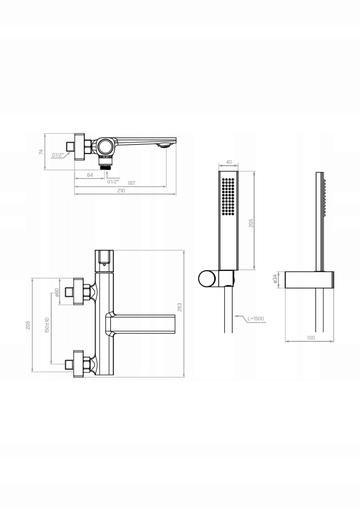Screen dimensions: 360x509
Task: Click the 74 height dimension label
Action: pyautogui.click(x=41, y=151)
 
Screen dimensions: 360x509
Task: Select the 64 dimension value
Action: pyautogui.click(x=90, y=175)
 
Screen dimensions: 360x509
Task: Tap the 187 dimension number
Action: pyautogui.click(x=131, y=183)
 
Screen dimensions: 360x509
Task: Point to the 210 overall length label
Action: pyautogui.click(x=121, y=190)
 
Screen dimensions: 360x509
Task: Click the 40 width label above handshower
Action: pyautogui.click(x=229, y=162)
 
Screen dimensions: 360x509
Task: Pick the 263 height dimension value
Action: pyautogui.click(x=179, y=307)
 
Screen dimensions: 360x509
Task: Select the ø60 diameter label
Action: pyautogui.click(x=56, y=292)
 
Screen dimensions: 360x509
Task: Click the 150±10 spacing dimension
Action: pyautogui.click(x=47, y=325)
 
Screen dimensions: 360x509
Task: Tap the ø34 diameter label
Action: pyautogui.click(x=275, y=279)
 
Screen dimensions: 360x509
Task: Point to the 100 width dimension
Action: pyautogui.click(x=311, y=338)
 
